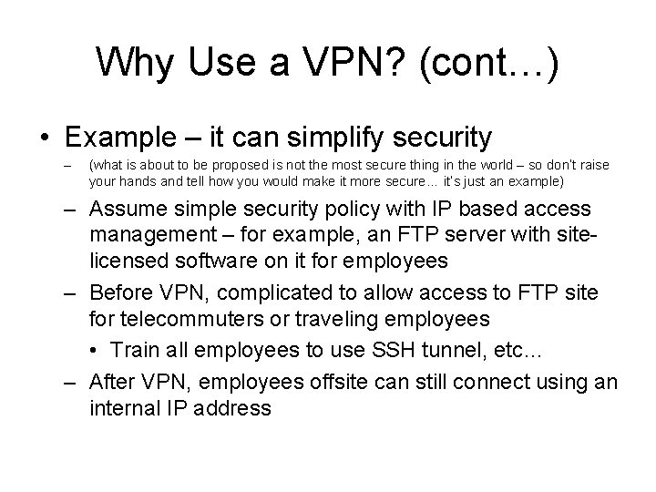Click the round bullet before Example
click(x=45, y=138)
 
